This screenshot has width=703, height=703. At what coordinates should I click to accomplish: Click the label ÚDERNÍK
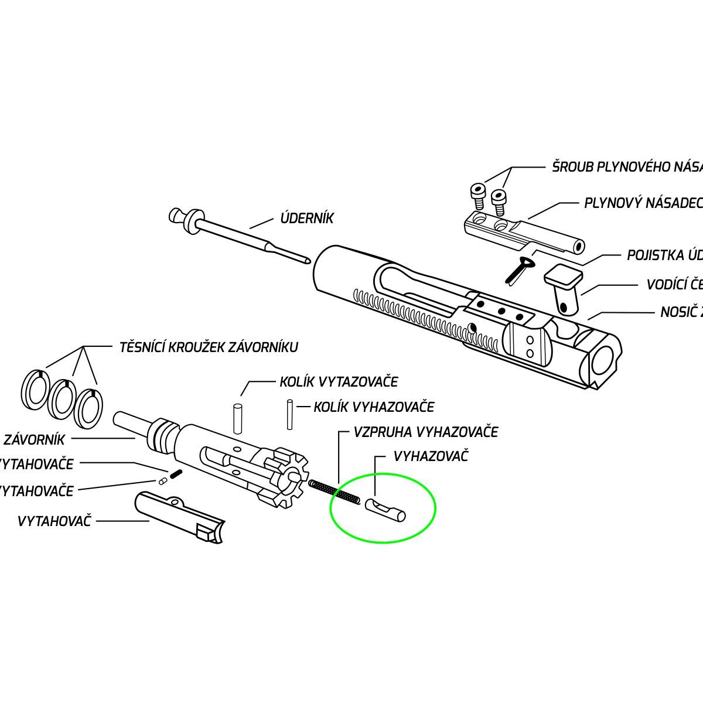click(307, 219)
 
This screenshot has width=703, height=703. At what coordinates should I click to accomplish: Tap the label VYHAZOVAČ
click(431, 456)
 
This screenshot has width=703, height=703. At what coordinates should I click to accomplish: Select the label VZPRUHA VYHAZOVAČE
click(425, 432)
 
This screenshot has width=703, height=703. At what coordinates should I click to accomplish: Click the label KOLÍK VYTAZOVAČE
click(339, 382)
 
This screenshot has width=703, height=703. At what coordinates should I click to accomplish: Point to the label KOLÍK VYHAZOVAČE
click(374, 407)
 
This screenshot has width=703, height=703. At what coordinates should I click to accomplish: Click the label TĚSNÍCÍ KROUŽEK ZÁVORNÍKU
click(209, 347)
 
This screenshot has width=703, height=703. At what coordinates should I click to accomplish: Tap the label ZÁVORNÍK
click(34, 439)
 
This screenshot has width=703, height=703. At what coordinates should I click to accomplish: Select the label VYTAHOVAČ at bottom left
click(54, 521)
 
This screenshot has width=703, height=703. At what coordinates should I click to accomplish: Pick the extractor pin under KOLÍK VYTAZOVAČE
click(238, 419)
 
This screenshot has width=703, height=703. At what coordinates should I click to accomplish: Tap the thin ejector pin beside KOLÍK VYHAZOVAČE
click(289, 414)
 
